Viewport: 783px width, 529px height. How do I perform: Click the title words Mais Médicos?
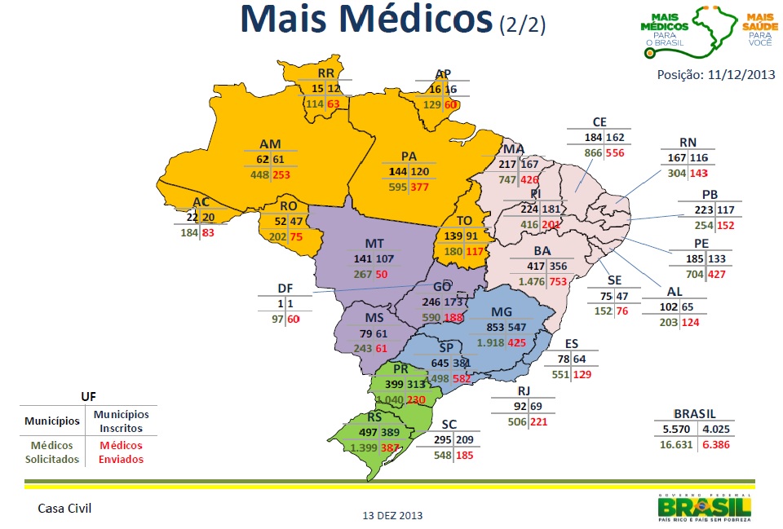[x=367, y=20]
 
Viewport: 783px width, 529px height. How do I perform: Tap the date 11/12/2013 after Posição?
[x=742, y=75]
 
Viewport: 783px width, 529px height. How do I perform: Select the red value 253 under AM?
[x=282, y=174]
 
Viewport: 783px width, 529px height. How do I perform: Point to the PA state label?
[x=409, y=156]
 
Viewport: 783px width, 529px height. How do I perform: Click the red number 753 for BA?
[x=558, y=281]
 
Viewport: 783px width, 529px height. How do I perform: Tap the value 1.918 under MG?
[x=490, y=342]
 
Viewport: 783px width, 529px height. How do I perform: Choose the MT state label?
[x=375, y=244]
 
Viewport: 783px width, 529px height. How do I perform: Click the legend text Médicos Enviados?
[x=121, y=452]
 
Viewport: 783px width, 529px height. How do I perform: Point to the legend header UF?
[x=89, y=395]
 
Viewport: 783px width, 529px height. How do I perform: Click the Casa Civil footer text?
[x=64, y=508]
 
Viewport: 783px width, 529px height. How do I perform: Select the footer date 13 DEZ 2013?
[x=393, y=515]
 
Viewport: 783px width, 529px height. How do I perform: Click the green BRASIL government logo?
[x=705, y=507]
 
